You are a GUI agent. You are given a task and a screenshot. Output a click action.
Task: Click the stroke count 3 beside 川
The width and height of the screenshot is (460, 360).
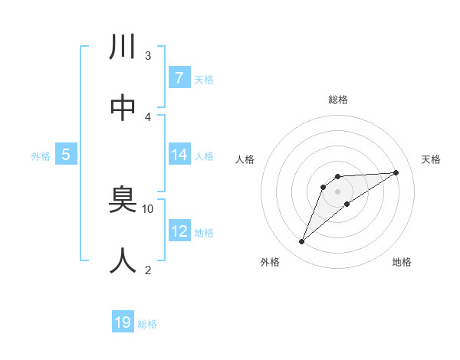coord(147,56)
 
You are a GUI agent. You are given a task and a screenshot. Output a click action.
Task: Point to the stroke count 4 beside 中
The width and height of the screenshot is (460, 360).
coord(147,116)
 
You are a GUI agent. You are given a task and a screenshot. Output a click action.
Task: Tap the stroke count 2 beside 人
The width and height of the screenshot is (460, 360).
coord(147,270)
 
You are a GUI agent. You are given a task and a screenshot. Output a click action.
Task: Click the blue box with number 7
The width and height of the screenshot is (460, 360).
coord(179,77)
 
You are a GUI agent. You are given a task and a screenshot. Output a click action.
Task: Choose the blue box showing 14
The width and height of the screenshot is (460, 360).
coord(179,155)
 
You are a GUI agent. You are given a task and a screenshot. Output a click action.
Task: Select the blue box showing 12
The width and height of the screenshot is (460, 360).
coord(179,231)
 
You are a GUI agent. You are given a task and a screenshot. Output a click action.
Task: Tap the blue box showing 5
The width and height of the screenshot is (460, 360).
coord(66,155)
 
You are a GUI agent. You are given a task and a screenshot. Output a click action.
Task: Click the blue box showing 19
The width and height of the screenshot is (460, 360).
coord(123,322)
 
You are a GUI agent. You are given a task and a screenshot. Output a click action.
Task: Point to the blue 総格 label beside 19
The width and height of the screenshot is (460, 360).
coord(148,324)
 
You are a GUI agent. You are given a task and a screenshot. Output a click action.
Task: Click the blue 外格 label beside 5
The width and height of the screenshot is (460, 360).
coord(41,156)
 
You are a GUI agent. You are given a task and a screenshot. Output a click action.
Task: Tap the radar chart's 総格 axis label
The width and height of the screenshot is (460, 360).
coord(337,100)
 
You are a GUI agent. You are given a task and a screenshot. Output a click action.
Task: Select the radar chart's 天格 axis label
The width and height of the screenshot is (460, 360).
coord(431,159)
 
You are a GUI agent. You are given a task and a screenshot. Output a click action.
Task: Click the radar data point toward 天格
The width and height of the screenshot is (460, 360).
coord(396,172)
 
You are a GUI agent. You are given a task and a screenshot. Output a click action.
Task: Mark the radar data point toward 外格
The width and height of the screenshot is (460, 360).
coord(302,242)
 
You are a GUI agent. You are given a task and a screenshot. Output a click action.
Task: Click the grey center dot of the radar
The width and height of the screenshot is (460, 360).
coord(337,191)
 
